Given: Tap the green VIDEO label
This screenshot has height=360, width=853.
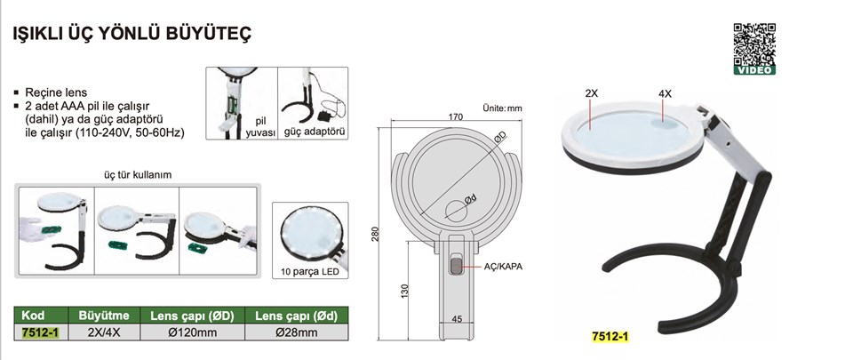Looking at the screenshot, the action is point(754,70).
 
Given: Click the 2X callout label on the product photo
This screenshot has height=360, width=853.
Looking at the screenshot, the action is point(592,93).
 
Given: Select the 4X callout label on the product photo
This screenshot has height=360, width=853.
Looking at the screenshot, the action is point(665,93).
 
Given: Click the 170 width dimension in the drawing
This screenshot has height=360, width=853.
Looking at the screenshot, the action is point(456,117).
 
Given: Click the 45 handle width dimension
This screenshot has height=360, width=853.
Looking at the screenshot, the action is point(457,319).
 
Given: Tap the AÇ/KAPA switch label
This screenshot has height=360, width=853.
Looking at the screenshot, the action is point(503,267).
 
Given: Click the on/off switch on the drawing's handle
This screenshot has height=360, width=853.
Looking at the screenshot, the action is point(455,266).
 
